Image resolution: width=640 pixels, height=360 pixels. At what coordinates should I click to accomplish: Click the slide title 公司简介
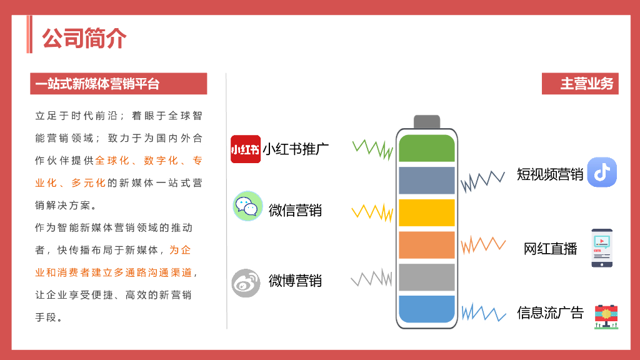click(84, 38)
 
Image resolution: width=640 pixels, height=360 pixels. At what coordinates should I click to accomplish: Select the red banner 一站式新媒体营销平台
click(118, 84)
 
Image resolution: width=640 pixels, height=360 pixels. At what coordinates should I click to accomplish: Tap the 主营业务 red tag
click(580, 84)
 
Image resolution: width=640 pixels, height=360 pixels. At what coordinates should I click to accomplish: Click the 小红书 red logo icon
click(246, 149)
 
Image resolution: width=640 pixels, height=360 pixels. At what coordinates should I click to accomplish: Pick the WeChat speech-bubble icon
click(247, 206)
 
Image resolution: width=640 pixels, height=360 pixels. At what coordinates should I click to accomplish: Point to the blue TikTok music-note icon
click(602, 172)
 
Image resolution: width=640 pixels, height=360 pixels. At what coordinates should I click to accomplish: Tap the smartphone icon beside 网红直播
click(602, 248)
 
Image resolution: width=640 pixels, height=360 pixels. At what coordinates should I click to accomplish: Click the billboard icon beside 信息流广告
click(606, 315)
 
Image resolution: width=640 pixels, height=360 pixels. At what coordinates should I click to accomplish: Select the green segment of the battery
click(427, 148)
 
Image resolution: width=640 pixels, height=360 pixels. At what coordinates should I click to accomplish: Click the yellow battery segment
click(427, 212)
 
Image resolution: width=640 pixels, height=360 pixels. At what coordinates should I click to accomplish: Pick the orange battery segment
click(427, 245)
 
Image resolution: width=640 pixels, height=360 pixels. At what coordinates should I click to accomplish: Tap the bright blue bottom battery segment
click(427, 309)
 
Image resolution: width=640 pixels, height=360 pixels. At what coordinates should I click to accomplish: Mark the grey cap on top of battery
click(427, 122)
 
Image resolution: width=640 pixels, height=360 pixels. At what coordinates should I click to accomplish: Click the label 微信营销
click(295, 210)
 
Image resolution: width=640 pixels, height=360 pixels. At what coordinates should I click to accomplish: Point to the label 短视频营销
click(550, 174)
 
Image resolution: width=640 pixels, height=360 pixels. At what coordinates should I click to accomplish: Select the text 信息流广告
click(550, 312)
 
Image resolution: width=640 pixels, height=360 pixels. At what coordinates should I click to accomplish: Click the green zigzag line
click(372, 149)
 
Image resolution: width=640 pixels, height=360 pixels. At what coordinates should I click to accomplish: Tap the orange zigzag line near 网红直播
click(482, 244)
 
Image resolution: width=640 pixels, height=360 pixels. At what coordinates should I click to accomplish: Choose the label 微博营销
click(295, 281)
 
